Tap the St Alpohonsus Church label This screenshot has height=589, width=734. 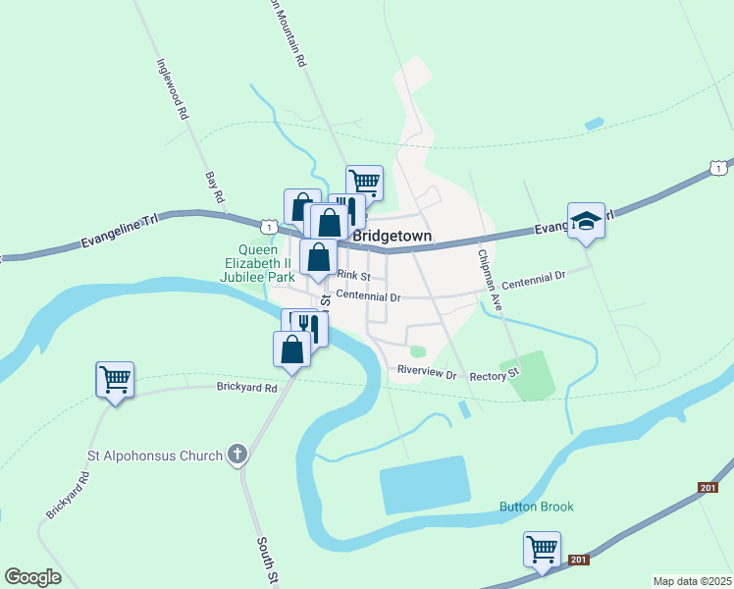click(155, 455)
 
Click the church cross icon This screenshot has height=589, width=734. click(236, 454)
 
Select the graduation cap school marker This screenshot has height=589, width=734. click(586, 221)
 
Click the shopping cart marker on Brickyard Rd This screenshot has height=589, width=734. click(115, 379)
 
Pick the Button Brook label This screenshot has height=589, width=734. click(536, 507)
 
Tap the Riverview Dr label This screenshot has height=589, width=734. click(427, 374)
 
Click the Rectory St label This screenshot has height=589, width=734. click(494, 376)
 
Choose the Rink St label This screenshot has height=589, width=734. click(351, 276)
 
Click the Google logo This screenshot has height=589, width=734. click(32, 577)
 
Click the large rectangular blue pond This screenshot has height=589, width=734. click(424, 485)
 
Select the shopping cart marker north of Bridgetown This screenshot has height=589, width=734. click(365, 182)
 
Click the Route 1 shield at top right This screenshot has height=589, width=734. click(719, 169)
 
